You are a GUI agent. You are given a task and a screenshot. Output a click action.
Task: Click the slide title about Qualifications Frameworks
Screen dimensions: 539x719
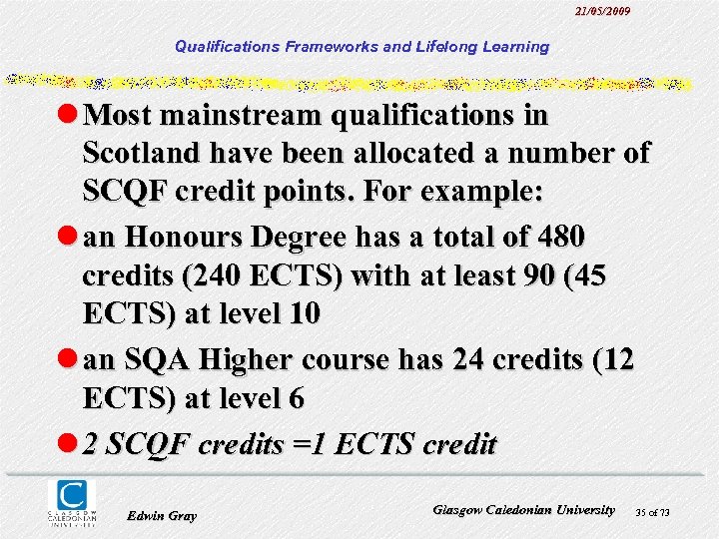pyautogui.click(x=361, y=46)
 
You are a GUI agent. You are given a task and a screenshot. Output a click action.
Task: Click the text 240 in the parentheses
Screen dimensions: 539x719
pyautogui.click(x=211, y=274)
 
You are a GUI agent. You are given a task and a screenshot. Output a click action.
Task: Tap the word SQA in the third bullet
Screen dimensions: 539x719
pyautogui.click(x=169, y=359)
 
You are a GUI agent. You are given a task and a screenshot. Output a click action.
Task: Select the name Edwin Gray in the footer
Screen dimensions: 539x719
pyautogui.click(x=163, y=515)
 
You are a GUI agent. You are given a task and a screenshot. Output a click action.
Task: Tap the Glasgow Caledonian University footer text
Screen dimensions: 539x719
pyautogui.click(x=524, y=509)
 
